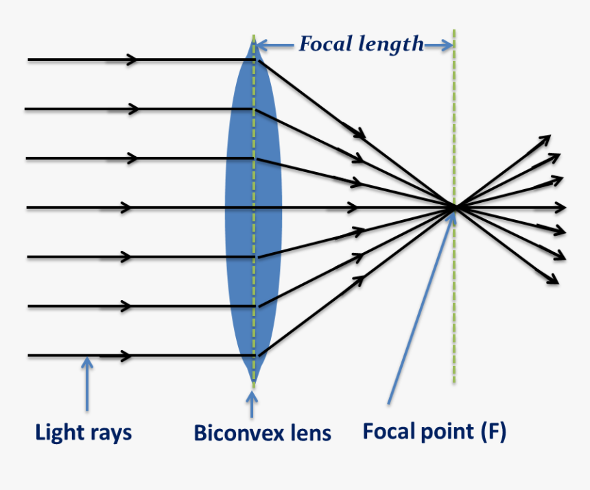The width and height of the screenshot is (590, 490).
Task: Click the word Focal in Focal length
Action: point(326,45)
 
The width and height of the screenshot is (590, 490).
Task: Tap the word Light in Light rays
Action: point(58,432)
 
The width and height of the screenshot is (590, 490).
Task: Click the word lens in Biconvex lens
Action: point(310,433)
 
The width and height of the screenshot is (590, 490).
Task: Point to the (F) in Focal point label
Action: point(493,431)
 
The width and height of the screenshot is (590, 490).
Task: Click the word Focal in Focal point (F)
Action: point(389,431)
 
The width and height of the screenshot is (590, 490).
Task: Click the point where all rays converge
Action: point(453,207)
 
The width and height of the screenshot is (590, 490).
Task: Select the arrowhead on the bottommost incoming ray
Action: point(126,356)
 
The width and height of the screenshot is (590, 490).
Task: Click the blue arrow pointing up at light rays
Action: point(87,384)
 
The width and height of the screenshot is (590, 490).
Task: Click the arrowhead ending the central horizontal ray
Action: point(562,207)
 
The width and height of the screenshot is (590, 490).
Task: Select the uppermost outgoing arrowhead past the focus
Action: point(546,138)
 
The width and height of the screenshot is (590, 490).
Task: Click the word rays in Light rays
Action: point(110,432)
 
